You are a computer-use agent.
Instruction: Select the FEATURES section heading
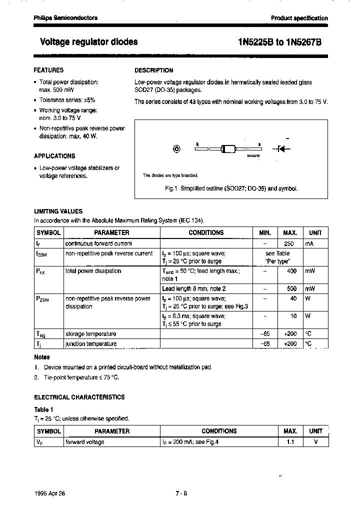(48, 70)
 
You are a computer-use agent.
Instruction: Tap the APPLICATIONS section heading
(54, 156)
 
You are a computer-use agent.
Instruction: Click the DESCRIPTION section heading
(154, 70)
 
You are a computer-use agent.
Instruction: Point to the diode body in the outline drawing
(227, 148)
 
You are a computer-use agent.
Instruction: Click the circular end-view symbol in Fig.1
(176, 148)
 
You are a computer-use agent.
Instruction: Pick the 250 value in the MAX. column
(288, 243)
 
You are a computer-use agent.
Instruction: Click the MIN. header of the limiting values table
(265, 232)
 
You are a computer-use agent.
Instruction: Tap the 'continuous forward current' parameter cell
(99, 243)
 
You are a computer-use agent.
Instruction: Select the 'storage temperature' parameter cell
(91, 334)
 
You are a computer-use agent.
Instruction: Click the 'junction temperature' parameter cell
(91, 344)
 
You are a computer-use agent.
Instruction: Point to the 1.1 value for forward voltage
(289, 442)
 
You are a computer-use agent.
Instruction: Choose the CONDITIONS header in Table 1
(219, 431)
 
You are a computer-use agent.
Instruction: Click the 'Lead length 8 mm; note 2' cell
(194, 288)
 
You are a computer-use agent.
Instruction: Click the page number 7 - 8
(181, 492)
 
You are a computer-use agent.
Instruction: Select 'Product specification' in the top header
(299, 18)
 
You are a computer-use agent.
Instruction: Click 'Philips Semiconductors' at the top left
(65, 18)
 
